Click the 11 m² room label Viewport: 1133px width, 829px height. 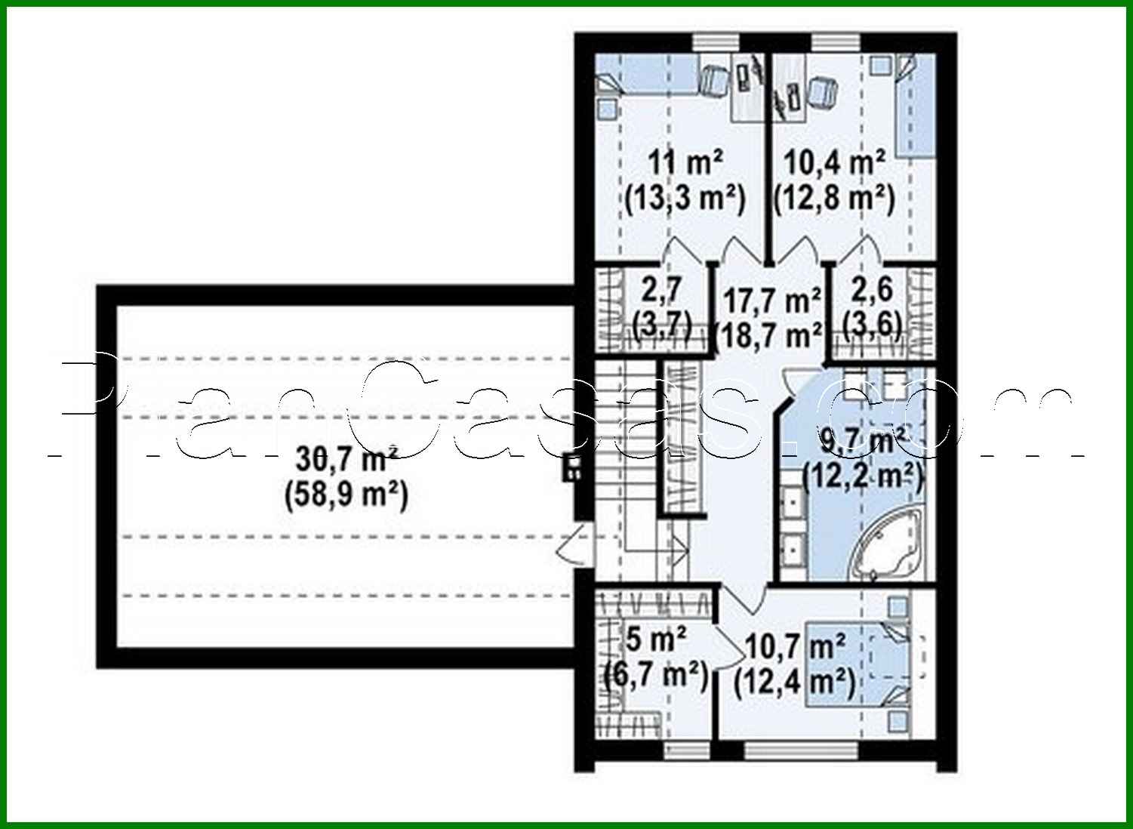(x=685, y=162)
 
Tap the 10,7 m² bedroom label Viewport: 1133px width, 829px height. (x=795, y=646)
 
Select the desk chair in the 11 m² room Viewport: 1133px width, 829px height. (x=713, y=79)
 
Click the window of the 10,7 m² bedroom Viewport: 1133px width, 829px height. (x=800, y=750)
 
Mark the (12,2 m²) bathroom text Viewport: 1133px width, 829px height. (x=863, y=476)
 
